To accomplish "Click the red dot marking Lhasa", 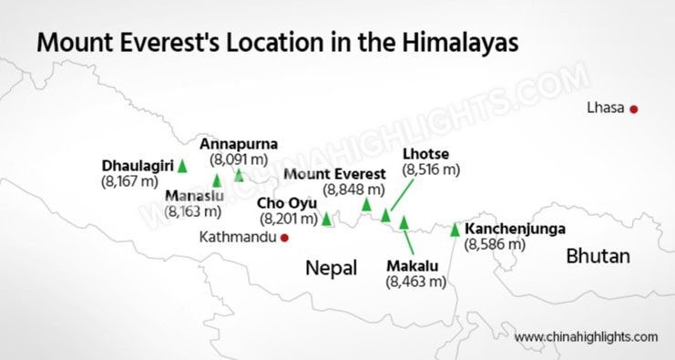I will [x=634, y=109].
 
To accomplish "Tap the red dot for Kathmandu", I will [x=285, y=237].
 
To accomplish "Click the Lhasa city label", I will [x=608, y=108].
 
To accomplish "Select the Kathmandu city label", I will [x=238, y=237].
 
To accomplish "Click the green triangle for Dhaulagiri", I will [x=182, y=166].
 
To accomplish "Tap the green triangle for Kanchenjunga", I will [x=455, y=230].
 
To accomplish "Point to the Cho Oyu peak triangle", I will [x=327, y=219].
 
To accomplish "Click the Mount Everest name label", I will [x=333, y=174].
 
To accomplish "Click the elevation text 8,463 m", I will [x=416, y=282].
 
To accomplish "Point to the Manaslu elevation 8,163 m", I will [x=193, y=211].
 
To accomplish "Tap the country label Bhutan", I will [x=598, y=256].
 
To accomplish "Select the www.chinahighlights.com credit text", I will [x=586, y=336].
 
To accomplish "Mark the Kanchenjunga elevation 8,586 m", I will [x=496, y=243].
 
